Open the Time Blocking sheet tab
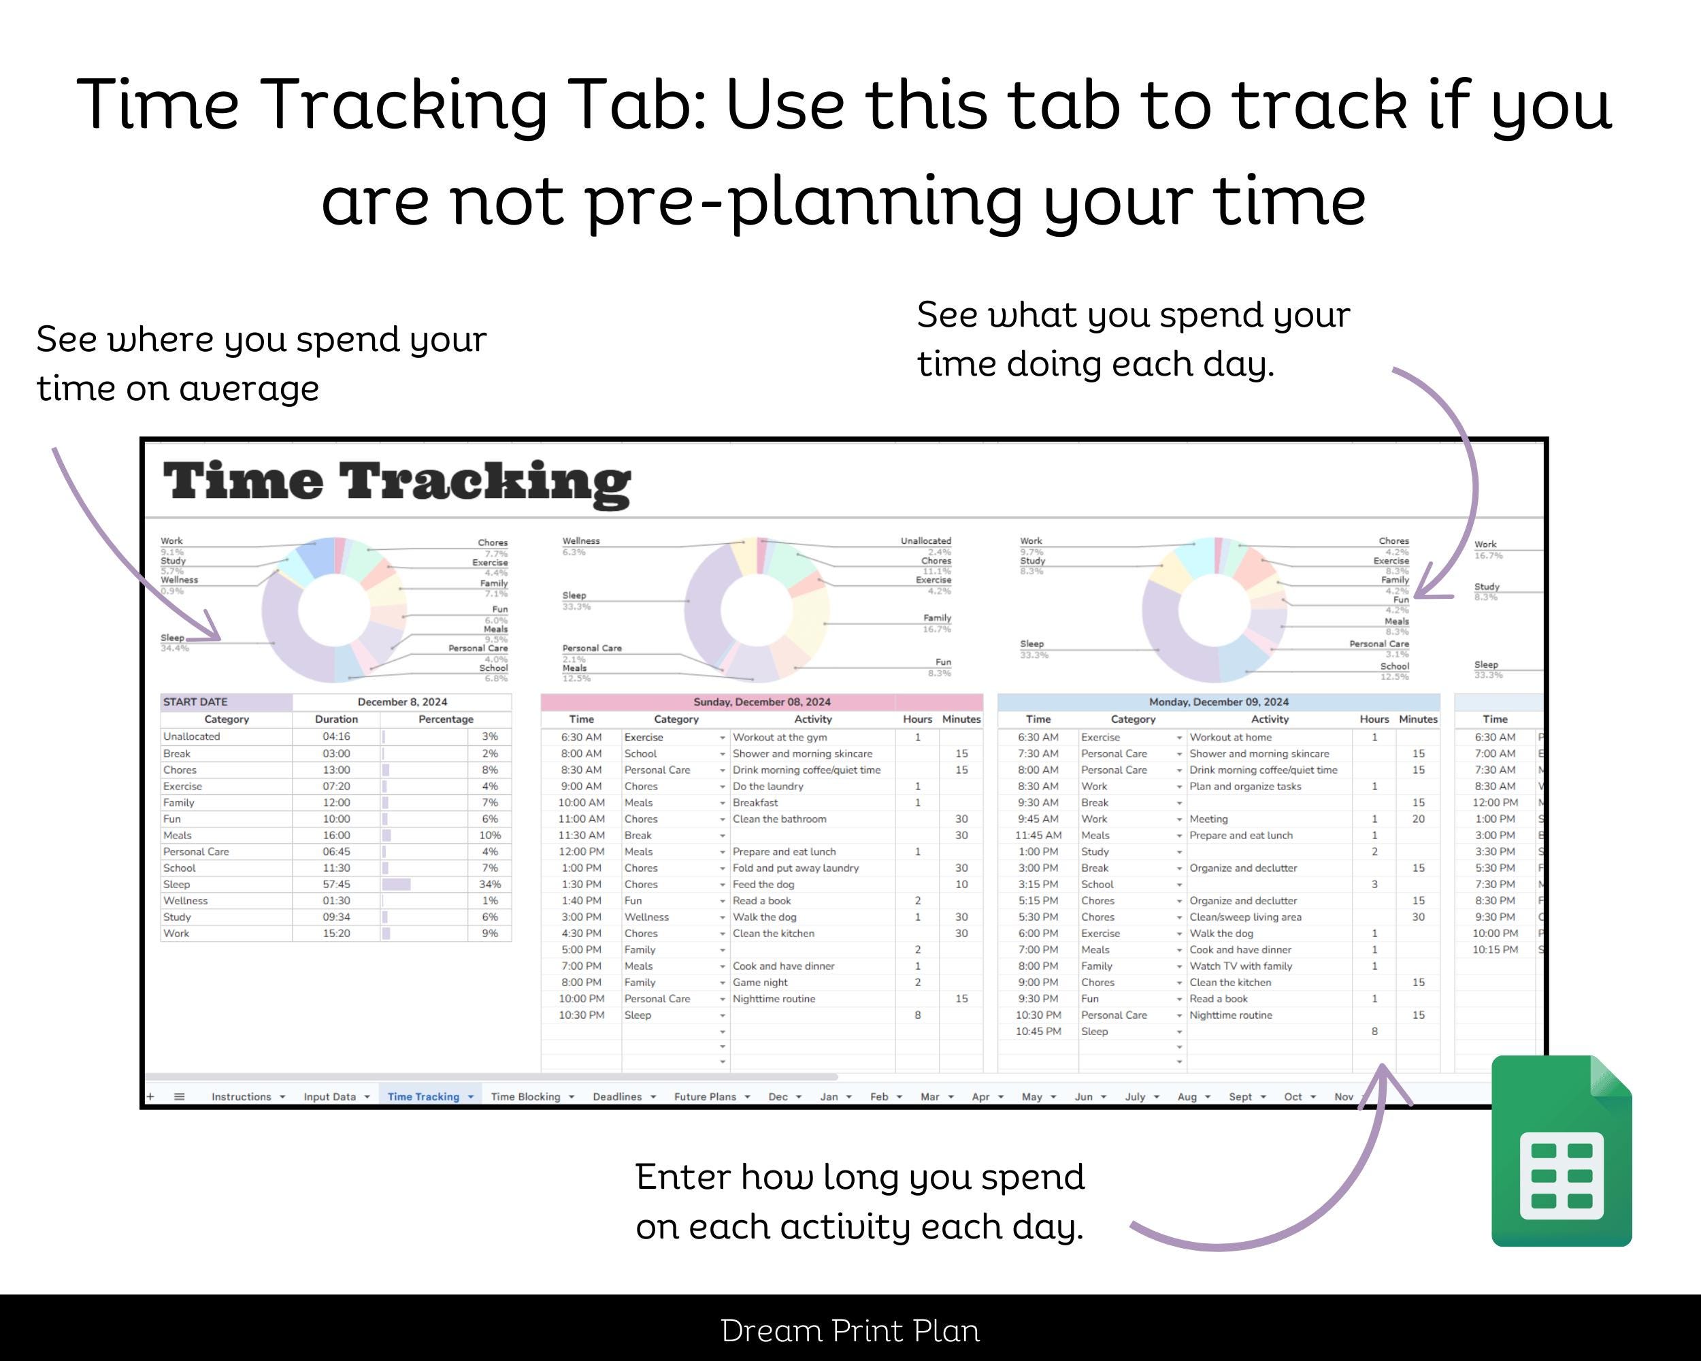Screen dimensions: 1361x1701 pos(525,1097)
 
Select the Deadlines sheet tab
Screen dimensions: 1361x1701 pos(617,1097)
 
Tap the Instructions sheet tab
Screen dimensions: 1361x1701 pos(241,1097)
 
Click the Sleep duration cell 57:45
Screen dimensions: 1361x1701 pos(336,885)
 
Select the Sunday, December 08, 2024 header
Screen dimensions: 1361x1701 pos(761,702)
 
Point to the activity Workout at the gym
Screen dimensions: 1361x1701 pos(780,737)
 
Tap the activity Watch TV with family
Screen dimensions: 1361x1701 pos(1240,966)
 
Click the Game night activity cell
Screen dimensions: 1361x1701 pos(760,982)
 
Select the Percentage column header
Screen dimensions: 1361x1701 pos(446,719)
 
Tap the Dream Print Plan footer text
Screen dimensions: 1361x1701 pos(850,1331)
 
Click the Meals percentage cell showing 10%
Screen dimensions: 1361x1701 pos(490,836)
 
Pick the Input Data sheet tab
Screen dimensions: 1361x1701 pos(329,1097)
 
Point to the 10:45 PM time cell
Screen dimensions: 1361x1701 pos(1038,1031)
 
